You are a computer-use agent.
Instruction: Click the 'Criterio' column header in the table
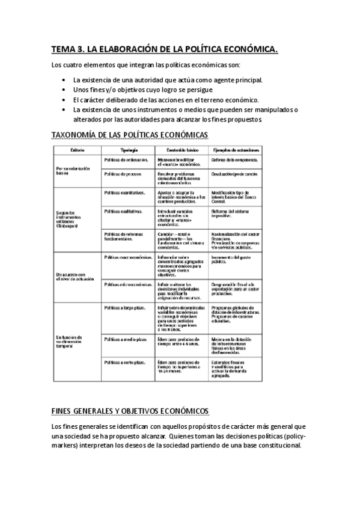(78, 149)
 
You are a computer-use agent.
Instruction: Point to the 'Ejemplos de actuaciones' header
(235, 149)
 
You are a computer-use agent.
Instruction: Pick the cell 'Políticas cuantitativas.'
(124, 193)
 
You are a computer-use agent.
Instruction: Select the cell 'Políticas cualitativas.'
(123, 211)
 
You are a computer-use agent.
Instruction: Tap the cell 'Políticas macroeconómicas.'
(127, 257)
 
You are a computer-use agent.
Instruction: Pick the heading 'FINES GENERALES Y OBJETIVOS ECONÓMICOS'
(130, 411)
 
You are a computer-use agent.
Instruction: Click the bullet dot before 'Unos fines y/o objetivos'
(64, 89)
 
